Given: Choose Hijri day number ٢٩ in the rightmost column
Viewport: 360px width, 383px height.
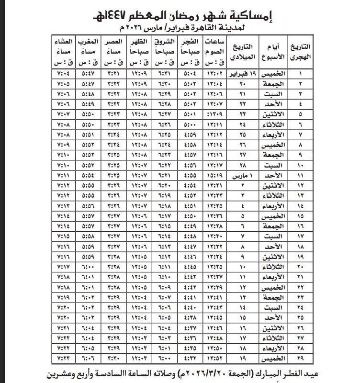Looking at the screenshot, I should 300,358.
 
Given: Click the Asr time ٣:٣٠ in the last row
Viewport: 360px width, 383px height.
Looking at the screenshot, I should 114,358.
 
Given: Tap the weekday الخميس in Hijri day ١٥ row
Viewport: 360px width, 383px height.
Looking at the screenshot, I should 275,216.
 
